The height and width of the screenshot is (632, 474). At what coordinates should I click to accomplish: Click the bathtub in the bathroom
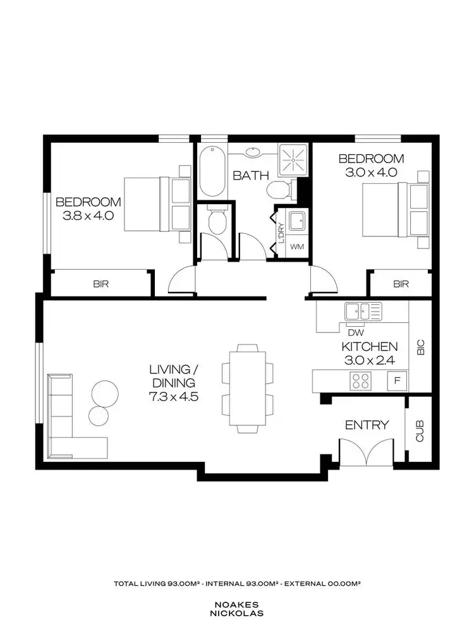tap(211, 172)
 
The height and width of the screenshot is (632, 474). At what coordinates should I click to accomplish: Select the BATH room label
tap(250, 176)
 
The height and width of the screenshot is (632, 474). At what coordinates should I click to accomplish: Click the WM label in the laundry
tap(296, 247)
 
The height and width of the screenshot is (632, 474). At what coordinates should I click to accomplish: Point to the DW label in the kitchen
tap(356, 332)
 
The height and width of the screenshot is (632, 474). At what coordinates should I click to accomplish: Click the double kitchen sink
tap(363, 311)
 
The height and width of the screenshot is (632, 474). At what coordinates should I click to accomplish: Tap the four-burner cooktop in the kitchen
tap(361, 381)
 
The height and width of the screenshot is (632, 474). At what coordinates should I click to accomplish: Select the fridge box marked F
tap(397, 381)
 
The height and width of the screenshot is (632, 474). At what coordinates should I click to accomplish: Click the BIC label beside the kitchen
tap(420, 347)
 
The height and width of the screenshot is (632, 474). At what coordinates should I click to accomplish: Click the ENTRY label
tap(367, 425)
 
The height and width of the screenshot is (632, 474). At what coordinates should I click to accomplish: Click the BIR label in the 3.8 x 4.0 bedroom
tap(100, 284)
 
